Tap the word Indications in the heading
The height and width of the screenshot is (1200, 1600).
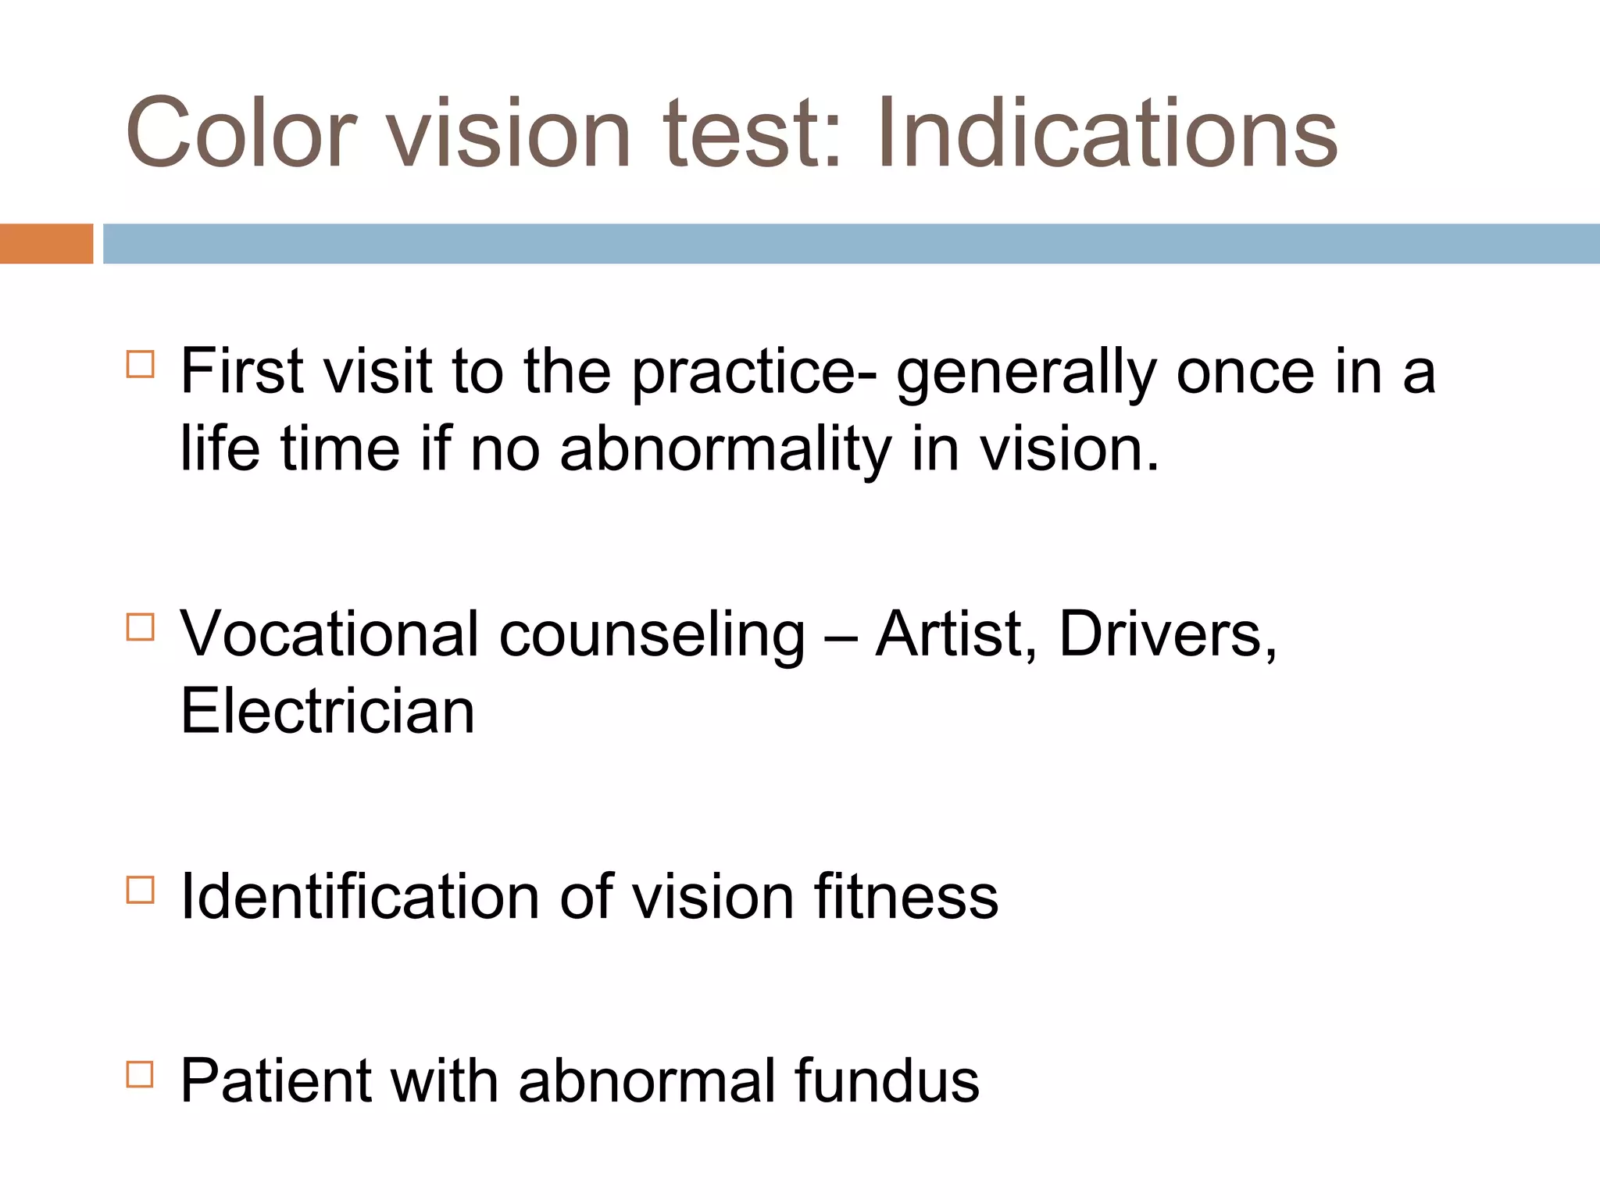click(x=1107, y=133)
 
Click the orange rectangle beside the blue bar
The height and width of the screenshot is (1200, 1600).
click(x=46, y=244)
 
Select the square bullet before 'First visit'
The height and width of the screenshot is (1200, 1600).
click(x=140, y=364)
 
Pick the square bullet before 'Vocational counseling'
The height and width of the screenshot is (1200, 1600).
click(x=140, y=627)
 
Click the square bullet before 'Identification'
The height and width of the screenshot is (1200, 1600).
click(x=140, y=889)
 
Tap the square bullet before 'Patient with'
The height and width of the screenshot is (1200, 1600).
click(x=140, y=1074)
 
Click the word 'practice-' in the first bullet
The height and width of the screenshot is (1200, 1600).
click(x=754, y=373)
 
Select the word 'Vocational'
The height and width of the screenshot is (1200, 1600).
click(x=329, y=634)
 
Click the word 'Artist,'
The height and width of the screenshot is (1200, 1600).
click(x=956, y=634)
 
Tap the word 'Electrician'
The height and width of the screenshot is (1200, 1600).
click(x=327, y=712)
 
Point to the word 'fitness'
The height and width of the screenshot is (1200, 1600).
click(x=906, y=897)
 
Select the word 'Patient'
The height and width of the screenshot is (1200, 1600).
click(x=276, y=1081)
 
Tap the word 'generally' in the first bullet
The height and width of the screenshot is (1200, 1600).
click(x=1026, y=373)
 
